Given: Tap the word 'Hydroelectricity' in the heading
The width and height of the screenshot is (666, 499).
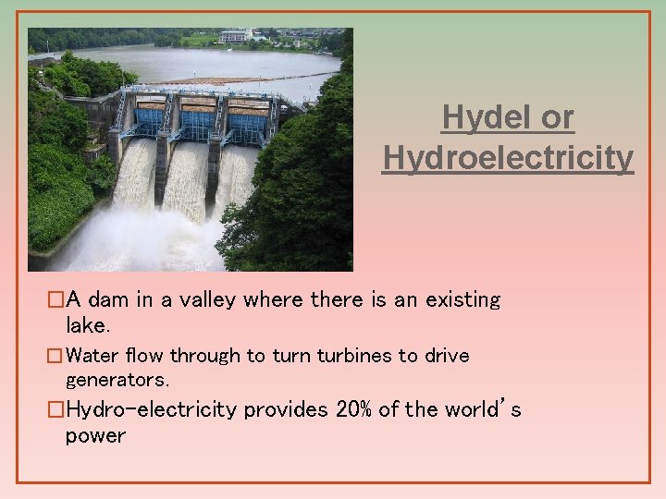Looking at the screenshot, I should pyautogui.click(x=508, y=158).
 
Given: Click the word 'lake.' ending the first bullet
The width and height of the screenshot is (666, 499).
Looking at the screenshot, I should pyautogui.click(x=88, y=324).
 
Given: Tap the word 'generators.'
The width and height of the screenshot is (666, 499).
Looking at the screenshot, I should pyautogui.click(x=117, y=379).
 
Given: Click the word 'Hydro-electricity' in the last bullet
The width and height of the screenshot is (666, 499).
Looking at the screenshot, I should pyautogui.click(x=152, y=409).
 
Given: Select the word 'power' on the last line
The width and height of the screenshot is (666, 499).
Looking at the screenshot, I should pyautogui.click(x=95, y=435).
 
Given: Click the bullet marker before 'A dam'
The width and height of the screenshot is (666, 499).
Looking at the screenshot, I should pyautogui.click(x=56, y=300).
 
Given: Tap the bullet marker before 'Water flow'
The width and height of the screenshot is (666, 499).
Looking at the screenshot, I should pyautogui.click(x=56, y=356).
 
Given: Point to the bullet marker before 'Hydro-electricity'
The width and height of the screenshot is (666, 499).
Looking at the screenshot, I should pyautogui.click(x=56, y=409).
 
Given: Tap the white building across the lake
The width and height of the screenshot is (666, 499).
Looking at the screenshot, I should pyautogui.click(x=236, y=36).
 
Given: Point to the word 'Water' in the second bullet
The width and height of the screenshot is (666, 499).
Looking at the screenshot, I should pyautogui.click(x=92, y=356).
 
